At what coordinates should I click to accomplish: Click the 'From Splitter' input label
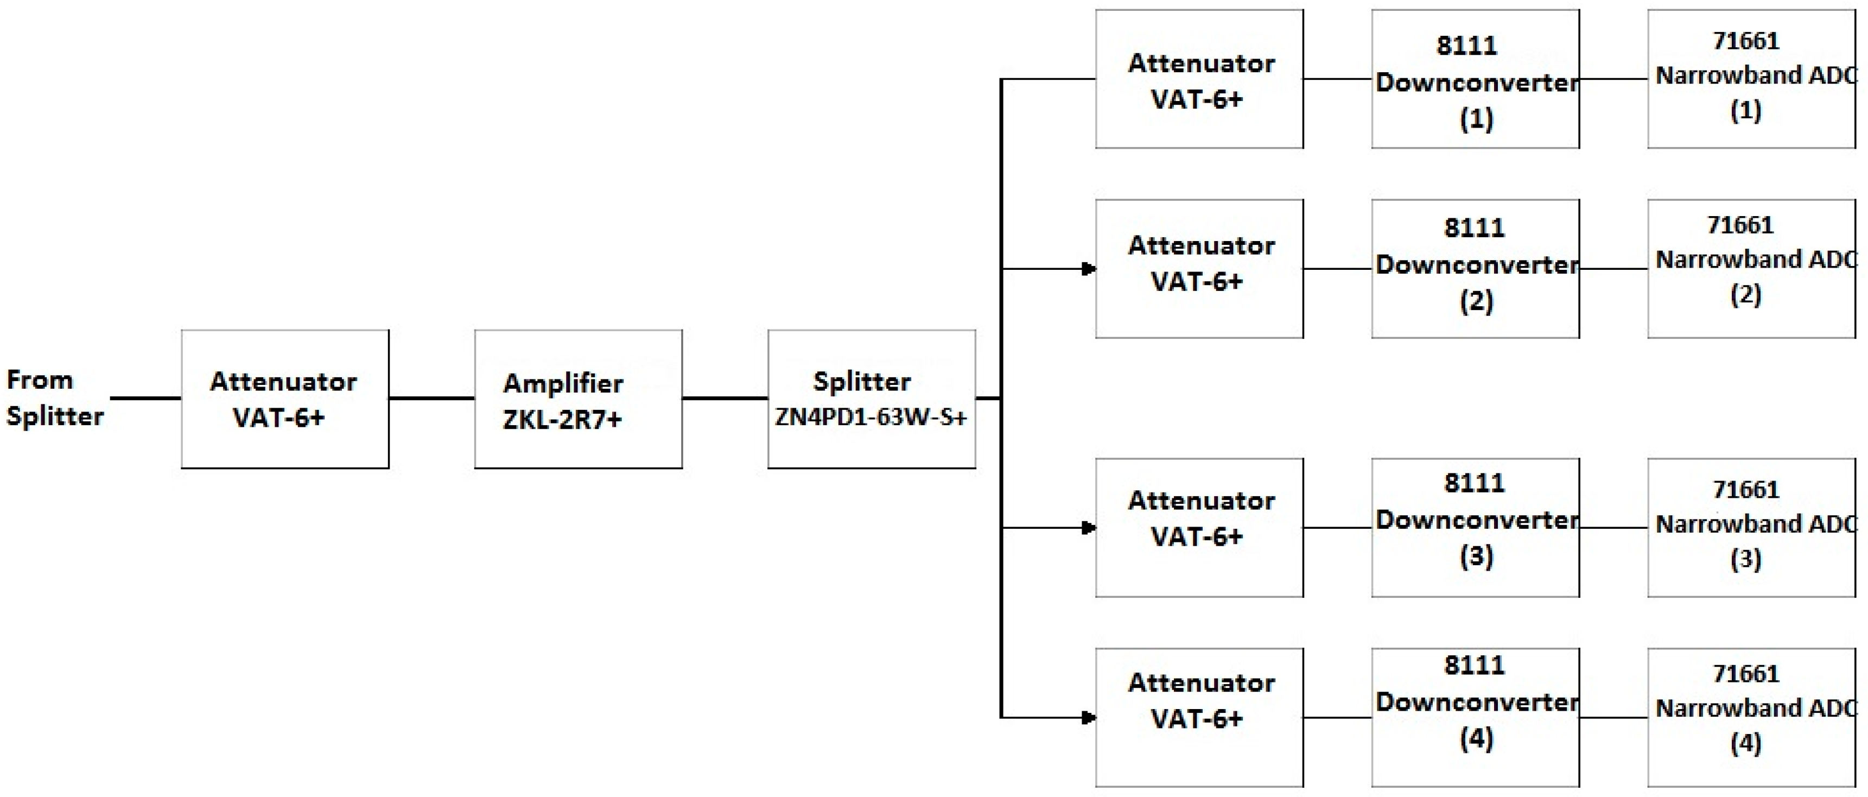(x=54, y=398)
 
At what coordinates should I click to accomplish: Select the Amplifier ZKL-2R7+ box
(x=578, y=399)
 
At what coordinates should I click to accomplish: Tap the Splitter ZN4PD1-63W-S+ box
(x=871, y=399)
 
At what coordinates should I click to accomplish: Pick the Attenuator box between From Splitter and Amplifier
(x=284, y=399)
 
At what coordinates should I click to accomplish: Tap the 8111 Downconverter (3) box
(x=1475, y=527)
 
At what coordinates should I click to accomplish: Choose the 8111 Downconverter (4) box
(x=1475, y=717)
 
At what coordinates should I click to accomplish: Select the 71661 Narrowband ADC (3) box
(x=1751, y=527)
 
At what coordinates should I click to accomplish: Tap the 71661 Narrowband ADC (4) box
(x=1751, y=717)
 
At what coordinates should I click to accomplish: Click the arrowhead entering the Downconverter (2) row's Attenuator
(x=1089, y=269)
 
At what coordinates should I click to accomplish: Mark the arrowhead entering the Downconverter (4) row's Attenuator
(x=1089, y=717)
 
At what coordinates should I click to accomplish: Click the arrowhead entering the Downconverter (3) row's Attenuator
(x=1089, y=527)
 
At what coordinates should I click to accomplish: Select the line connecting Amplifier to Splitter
(x=725, y=397)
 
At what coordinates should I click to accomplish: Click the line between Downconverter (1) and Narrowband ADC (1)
(x=1613, y=79)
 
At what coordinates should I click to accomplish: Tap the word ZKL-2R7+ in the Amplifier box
(x=562, y=419)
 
